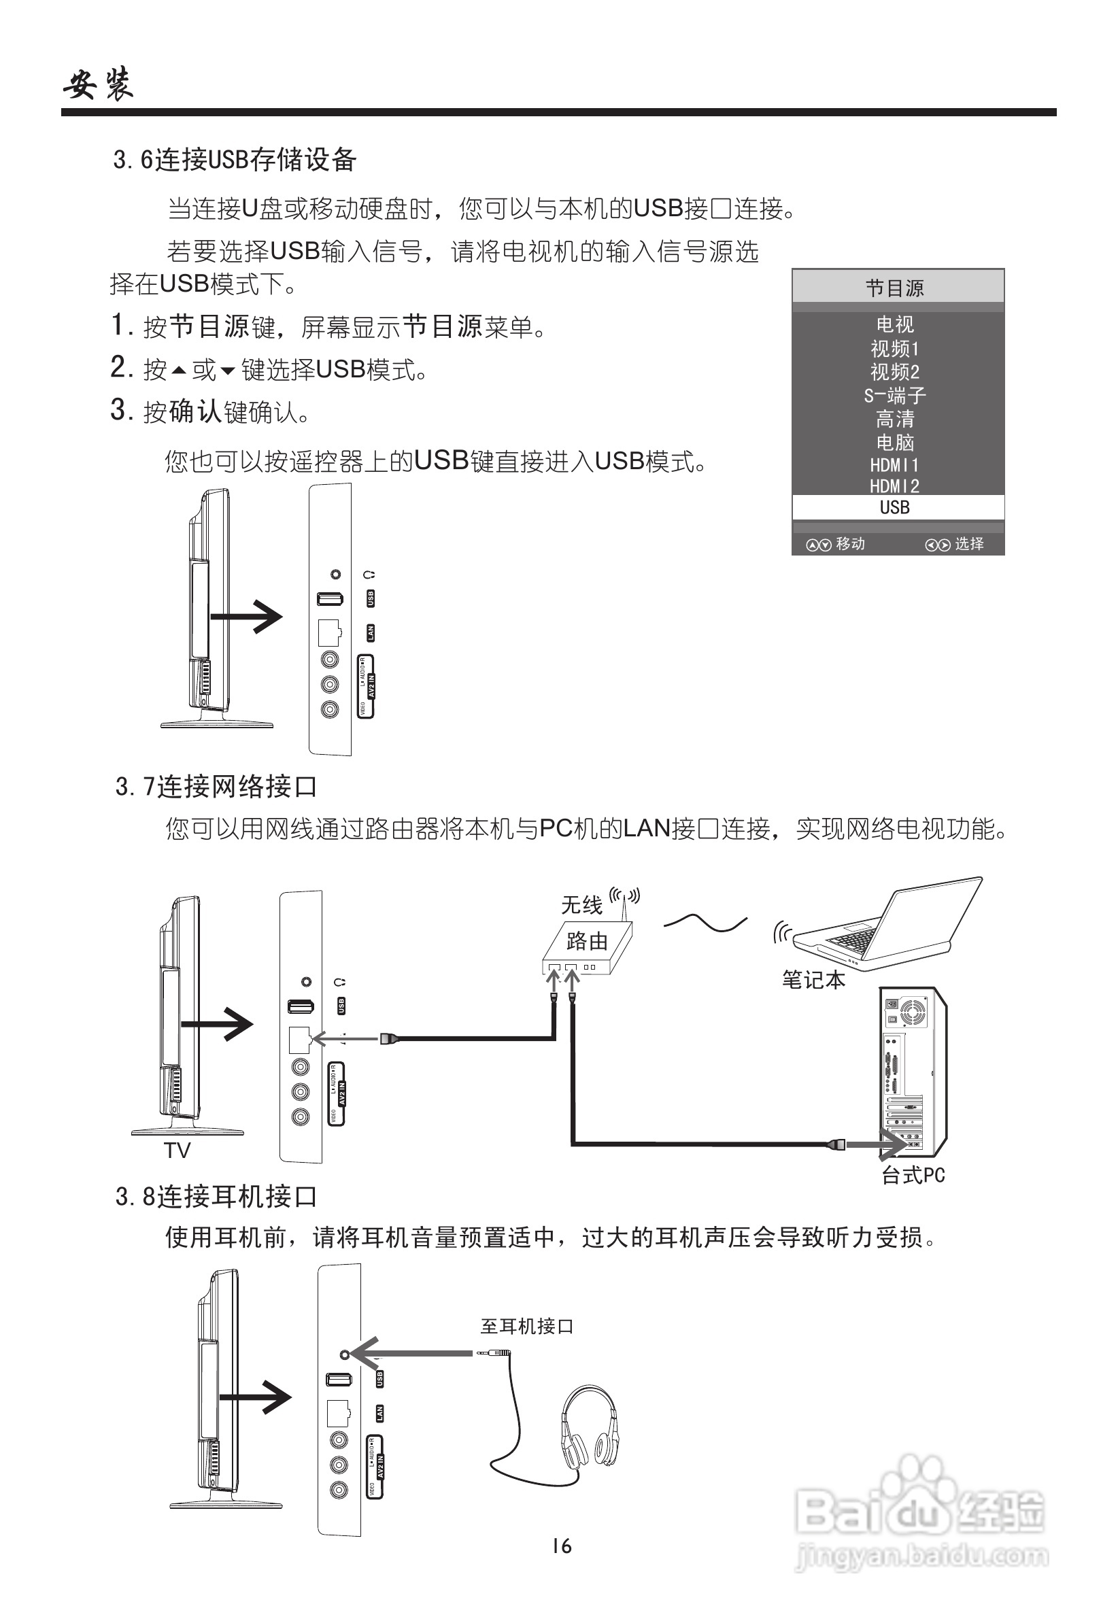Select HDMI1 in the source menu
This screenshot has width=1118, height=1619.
pyautogui.click(x=894, y=465)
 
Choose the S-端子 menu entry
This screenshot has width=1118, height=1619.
pyautogui.click(x=894, y=396)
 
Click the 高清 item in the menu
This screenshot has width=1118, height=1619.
pyautogui.click(x=894, y=419)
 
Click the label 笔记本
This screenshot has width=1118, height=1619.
pyautogui.click(x=813, y=980)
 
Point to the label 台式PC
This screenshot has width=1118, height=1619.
pyautogui.click(x=913, y=1176)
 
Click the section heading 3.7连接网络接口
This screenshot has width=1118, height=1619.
pyautogui.click(x=216, y=787)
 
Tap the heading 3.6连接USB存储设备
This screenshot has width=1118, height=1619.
pyautogui.click(x=235, y=160)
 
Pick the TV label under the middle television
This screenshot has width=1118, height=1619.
pyautogui.click(x=177, y=1151)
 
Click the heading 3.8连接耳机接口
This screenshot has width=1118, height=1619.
pyautogui.click(x=216, y=1196)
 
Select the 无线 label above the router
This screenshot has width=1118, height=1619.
pyautogui.click(x=581, y=906)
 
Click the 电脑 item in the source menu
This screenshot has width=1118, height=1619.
pyautogui.click(x=894, y=443)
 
